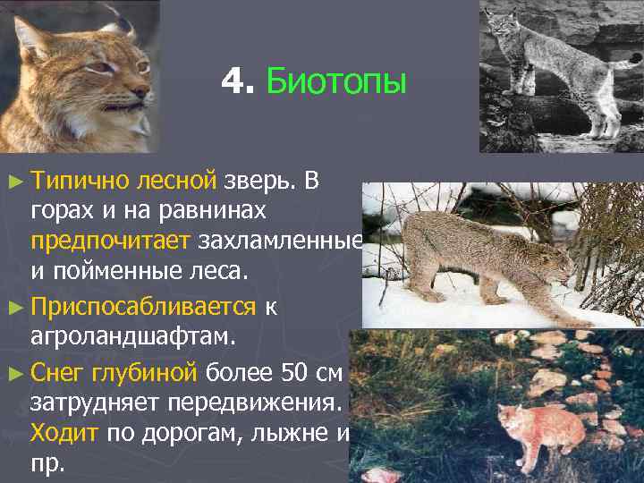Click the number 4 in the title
click(235, 83)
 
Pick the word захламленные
click(281, 241)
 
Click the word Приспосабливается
click(143, 307)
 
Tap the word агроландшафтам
click(133, 337)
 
